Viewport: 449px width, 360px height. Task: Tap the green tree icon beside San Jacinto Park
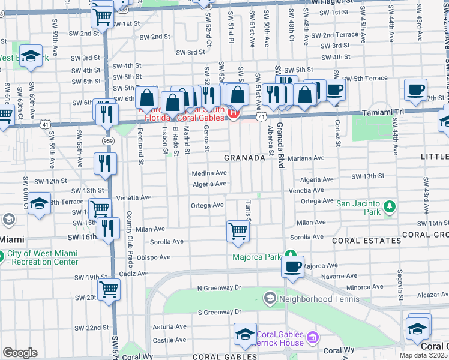click(389, 207)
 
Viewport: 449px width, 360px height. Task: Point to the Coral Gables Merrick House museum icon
click(312, 338)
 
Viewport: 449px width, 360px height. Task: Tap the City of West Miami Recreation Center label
click(42, 257)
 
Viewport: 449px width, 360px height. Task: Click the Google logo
click(20, 353)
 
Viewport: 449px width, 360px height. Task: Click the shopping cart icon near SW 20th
click(109, 289)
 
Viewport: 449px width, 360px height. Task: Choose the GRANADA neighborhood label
click(244, 158)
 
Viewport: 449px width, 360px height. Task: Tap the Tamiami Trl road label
click(384, 113)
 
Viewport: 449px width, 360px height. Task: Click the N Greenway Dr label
click(219, 288)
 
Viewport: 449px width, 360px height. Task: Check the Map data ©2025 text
click(423, 355)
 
